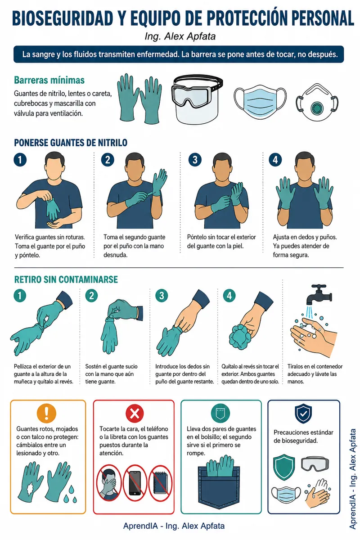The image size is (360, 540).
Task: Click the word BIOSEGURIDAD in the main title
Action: (x=63, y=18)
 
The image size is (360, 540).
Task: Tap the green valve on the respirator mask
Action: (x=317, y=108)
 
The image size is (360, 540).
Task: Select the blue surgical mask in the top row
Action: (x=261, y=101)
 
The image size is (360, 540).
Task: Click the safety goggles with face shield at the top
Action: (x=197, y=99)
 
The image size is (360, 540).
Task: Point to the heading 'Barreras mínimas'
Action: (x=49, y=80)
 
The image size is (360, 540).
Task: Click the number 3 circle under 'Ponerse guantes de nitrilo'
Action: (x=195, y=160)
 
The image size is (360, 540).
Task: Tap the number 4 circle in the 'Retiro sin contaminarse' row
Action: (x=229, y=296)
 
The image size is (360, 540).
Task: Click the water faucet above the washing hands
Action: (x=319, y=295)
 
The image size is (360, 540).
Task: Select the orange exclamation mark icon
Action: (x=46, y=413)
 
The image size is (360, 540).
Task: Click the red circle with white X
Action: (x=135, y=414)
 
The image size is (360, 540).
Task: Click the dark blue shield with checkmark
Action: (x=303, y=414)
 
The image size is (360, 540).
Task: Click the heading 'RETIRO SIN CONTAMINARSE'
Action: (x=66, y=279)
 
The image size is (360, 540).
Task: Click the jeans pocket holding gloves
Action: (x=219, y=486)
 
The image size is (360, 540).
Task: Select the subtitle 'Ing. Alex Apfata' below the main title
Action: (x=180, y=36)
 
